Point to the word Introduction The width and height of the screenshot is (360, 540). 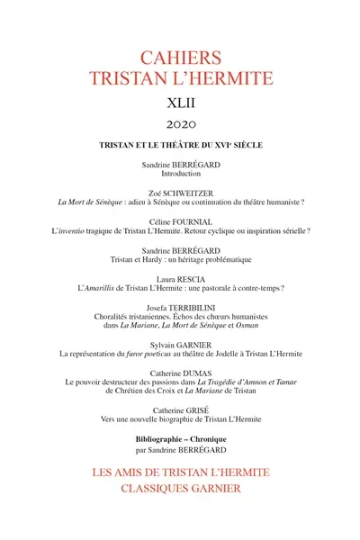click(x=180, y=176)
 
